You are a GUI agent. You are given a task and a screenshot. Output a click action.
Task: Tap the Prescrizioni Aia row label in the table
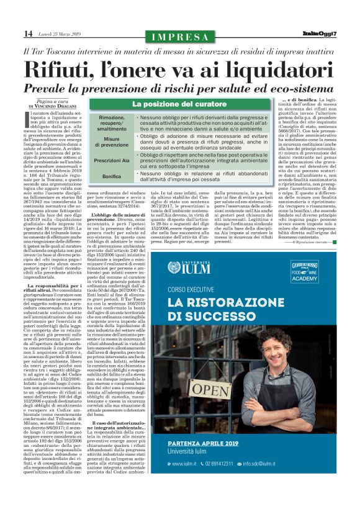tap(111, 160)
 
